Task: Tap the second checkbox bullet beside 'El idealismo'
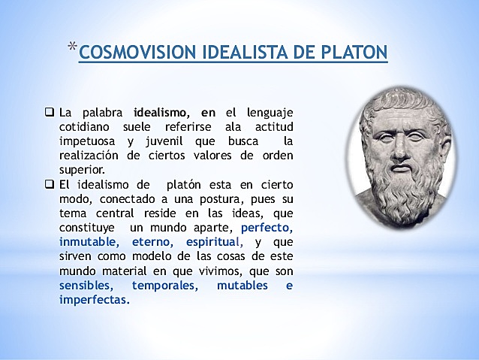pos(50,185)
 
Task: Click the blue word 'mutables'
pos(243,286)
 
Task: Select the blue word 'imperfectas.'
pos(94,301)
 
